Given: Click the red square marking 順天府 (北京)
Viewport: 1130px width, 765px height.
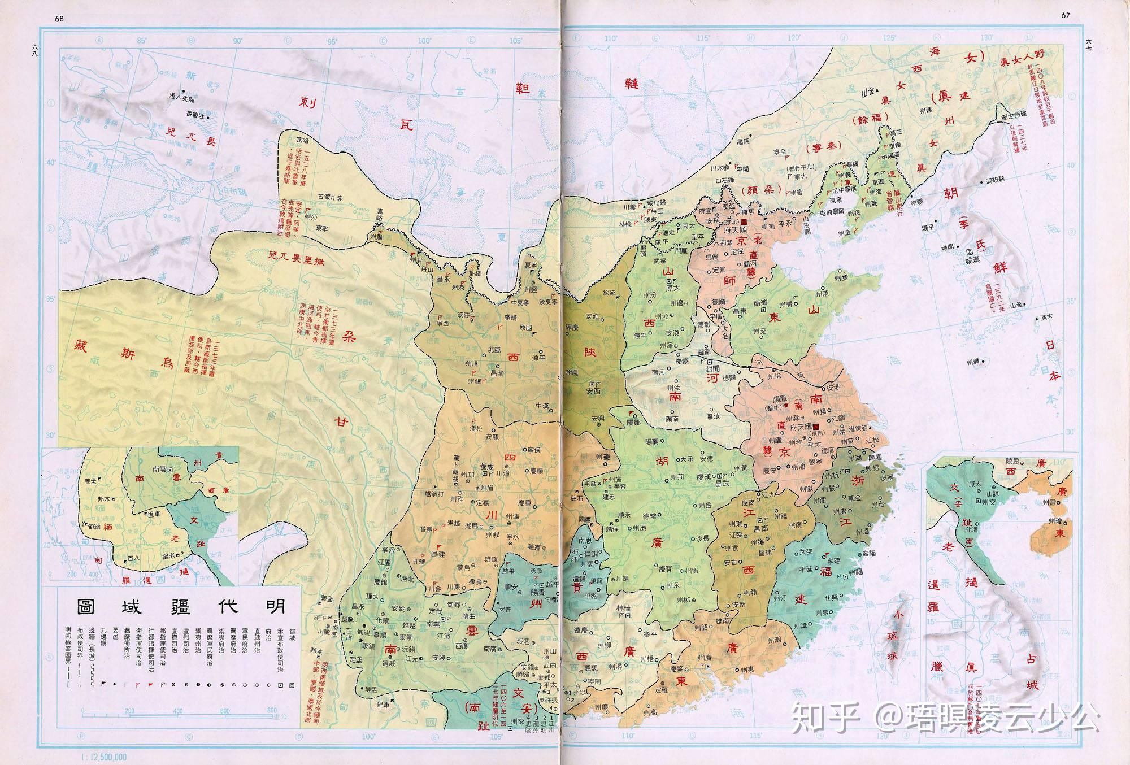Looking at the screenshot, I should (744, 222).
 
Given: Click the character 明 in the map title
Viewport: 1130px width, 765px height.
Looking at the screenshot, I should (272, 606).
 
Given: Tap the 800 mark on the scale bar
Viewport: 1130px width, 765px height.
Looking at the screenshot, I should (273, 710).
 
